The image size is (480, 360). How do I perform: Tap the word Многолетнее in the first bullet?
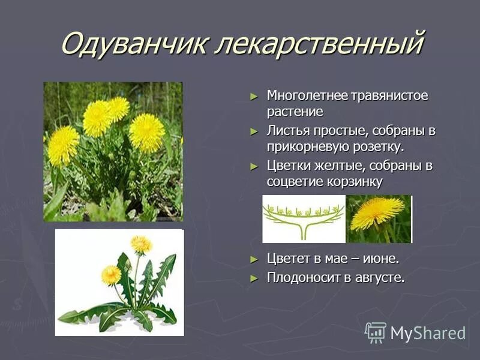click(305, 96)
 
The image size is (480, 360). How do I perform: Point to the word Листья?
click(287, 131)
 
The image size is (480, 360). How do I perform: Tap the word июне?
click(381, 259)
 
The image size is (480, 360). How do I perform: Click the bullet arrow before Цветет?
click(254, 259)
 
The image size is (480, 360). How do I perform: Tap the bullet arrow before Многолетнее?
click(254, 96)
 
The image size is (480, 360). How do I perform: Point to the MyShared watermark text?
click(428, 333)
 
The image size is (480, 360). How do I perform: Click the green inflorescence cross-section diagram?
click(304, 218)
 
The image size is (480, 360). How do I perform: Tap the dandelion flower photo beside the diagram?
click(379, 218)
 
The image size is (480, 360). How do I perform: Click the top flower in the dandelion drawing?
click(142, 244)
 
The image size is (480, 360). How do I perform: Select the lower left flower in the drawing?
click(111, 275)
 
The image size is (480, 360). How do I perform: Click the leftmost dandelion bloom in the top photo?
click(63, 145)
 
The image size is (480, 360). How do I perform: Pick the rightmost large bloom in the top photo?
click(146, 132)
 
